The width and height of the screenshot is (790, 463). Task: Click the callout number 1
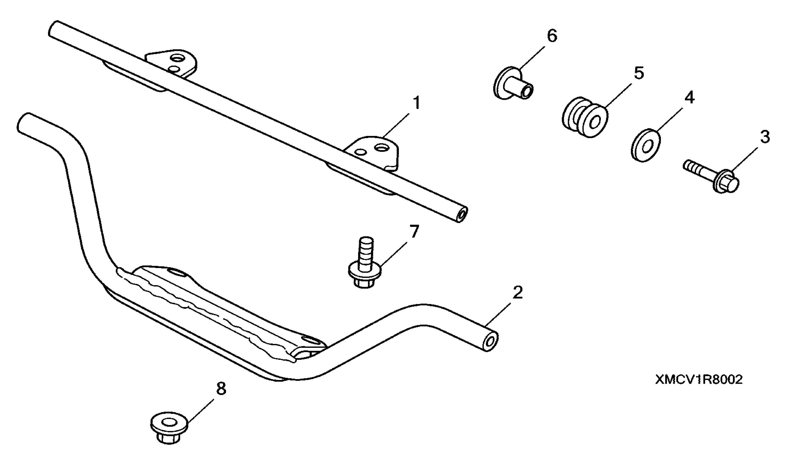click(x=416, y=103)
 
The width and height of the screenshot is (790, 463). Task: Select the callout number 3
click(x=765, y=137)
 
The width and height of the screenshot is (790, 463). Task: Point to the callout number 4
click(x=689, y=98)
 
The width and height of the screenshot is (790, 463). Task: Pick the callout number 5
click(x=639, y=73)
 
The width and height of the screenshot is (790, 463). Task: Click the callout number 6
click(x=552, y=36)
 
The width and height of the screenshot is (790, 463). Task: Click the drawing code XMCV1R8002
click(x=699, y=380)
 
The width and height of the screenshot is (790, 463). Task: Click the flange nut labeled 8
click(x=169, y=428)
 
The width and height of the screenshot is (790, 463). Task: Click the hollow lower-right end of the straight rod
click(x=461, y=215)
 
